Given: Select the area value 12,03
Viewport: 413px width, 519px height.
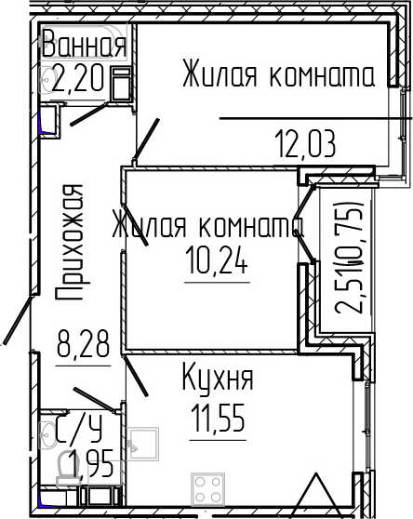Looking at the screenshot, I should [x=304, y=145].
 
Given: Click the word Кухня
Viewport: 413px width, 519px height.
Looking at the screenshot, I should [x=216, y=380].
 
